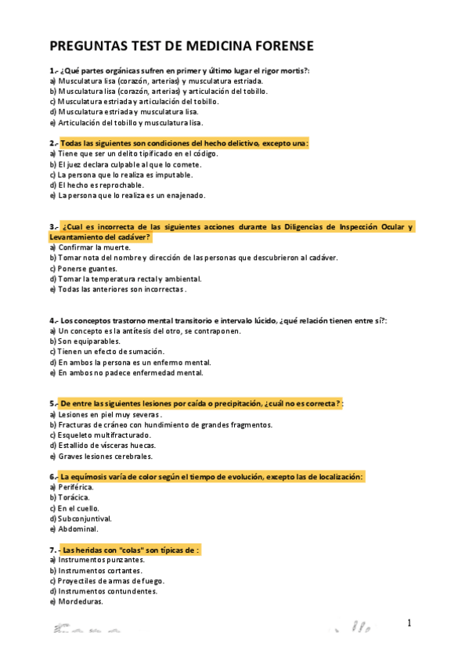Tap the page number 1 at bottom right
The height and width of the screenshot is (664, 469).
coord(409,622)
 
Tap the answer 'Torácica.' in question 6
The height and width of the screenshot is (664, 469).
coord(74,497)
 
